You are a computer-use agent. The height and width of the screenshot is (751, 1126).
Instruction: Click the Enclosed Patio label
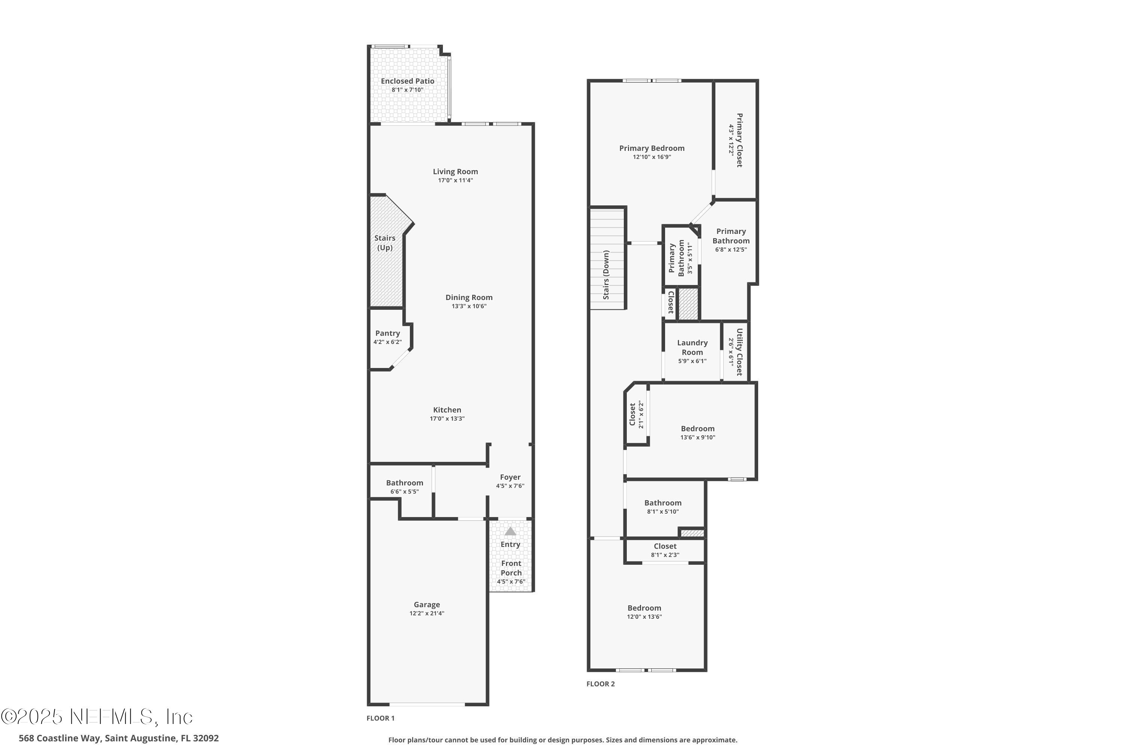coord(407,81)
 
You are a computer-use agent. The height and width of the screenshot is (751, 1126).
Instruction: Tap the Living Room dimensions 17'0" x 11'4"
coord(455,181)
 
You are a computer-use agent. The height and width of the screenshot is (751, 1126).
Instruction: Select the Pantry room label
coord(387,333)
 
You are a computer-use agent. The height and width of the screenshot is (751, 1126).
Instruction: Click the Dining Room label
coord(469,297)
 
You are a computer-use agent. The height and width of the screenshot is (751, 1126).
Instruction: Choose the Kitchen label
coord(447,410)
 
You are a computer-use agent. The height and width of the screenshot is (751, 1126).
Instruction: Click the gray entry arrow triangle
coord(510,531)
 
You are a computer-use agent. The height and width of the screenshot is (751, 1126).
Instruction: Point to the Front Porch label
coord(511,568)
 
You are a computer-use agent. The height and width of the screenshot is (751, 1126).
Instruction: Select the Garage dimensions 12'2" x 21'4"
coord(426,614)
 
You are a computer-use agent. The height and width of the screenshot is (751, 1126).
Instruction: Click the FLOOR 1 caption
coord(381,718)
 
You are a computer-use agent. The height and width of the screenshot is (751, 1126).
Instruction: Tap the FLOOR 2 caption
coord(600,684)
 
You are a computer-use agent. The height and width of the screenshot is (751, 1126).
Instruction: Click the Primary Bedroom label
coord(652,148)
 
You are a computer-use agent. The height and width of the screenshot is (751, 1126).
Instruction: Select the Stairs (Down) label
coord(606,275)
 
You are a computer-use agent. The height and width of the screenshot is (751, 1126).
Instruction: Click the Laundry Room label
coord(692,348)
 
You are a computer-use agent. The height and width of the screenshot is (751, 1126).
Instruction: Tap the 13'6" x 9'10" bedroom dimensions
coord(697,437)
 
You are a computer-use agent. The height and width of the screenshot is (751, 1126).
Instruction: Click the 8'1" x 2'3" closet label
coord(665,555)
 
